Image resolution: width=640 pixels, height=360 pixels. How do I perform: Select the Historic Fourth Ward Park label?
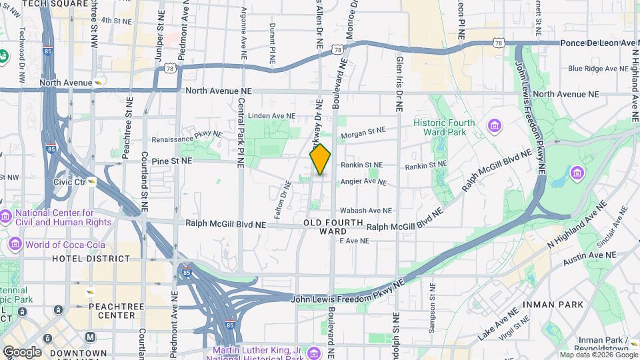[x=444, y=127]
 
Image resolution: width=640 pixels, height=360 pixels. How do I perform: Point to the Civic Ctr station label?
[x=71, y=181]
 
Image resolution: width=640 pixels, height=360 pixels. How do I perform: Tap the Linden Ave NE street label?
[x=271, y=116]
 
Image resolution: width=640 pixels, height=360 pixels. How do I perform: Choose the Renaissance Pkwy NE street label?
[x=187, y=134]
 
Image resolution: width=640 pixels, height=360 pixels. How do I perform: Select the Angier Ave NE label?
[x=363, y=181]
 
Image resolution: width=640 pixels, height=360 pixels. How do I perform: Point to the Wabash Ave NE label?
[x=364, y=210]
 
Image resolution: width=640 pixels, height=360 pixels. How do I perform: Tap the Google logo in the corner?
[x=22, y=351]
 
